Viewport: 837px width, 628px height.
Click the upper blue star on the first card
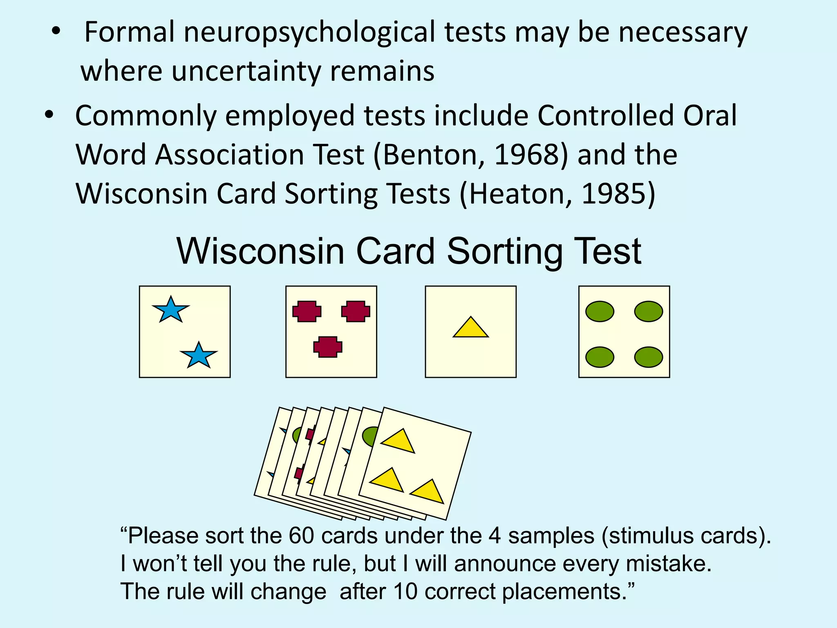[x=170, y=310]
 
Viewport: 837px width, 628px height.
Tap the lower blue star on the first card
[x=199, y=355]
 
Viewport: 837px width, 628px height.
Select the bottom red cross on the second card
[x=328, y=347]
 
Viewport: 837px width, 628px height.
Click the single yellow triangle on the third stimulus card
[x=471, y=328]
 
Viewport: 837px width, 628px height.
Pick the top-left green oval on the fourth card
[x=600, y=312]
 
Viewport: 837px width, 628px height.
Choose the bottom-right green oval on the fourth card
[x=649, y=357]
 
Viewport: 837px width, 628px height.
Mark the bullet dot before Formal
[x=56, y=31]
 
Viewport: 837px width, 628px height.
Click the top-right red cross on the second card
[x=356, y=312]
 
